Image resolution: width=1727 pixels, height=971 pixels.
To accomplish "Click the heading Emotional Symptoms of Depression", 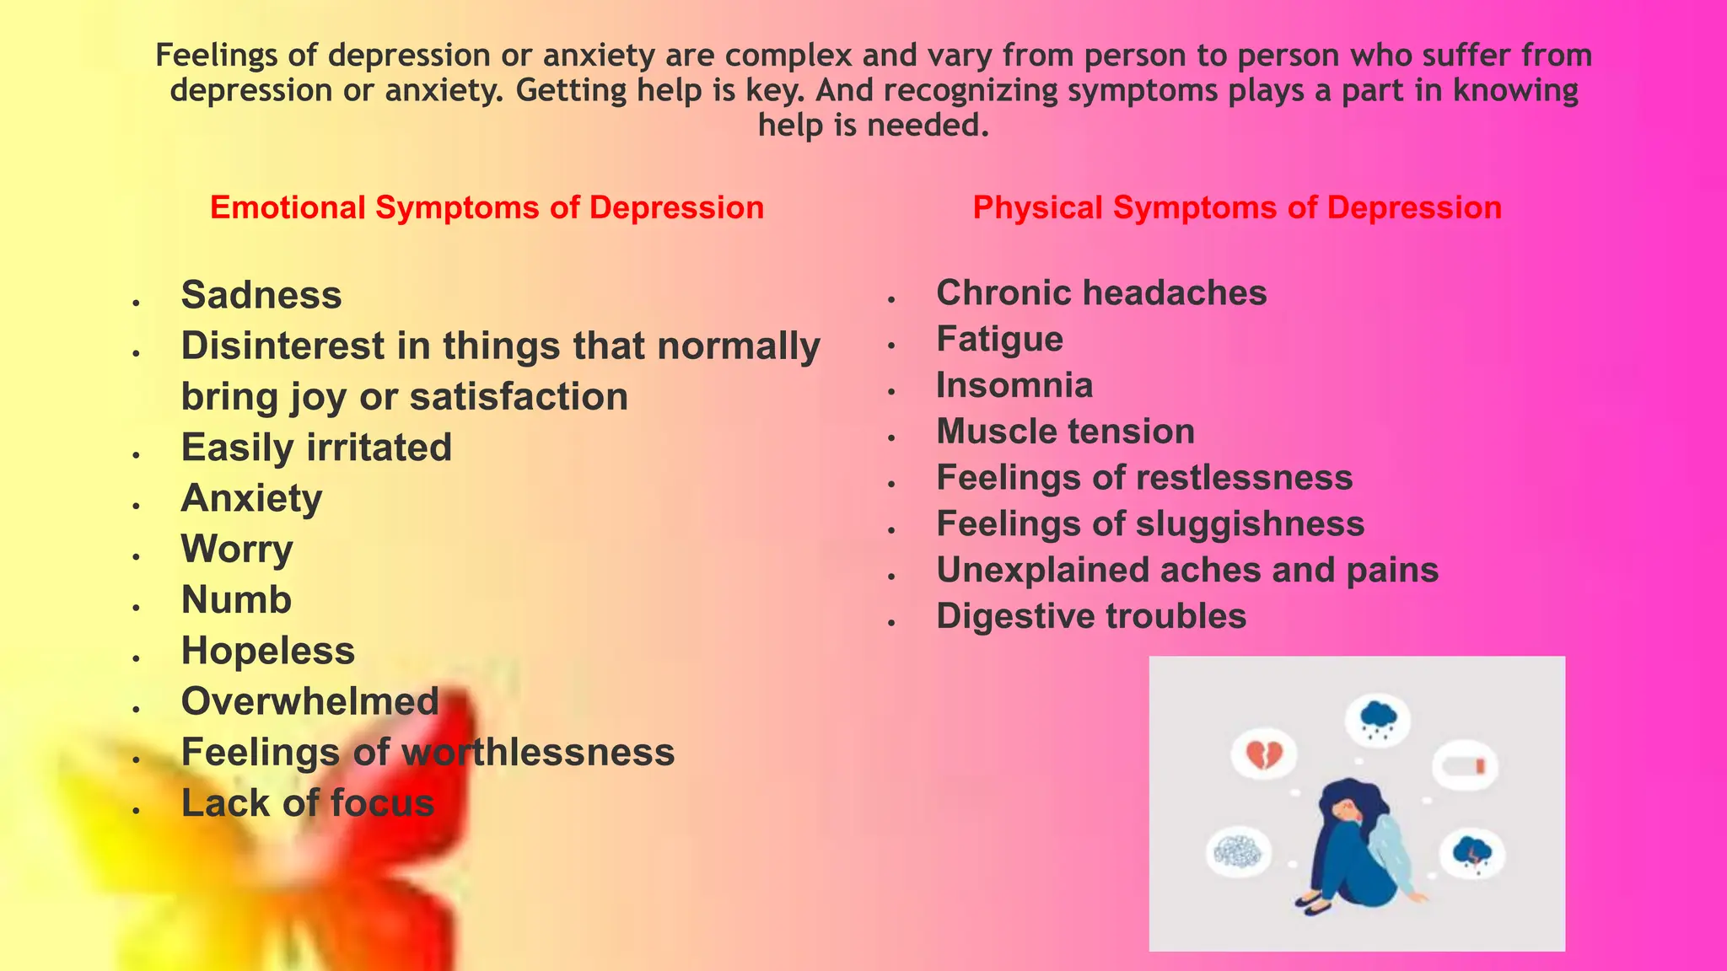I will pos(487,207).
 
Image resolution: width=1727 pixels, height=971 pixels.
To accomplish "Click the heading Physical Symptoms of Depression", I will pos(1237,207).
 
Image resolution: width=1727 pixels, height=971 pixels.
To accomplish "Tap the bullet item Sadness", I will pos(261,295).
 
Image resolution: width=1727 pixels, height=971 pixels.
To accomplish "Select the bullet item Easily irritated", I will pos(316,448).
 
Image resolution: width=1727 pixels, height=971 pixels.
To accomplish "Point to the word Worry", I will pos(237,550).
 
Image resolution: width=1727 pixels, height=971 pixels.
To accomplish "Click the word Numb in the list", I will pos(236,600).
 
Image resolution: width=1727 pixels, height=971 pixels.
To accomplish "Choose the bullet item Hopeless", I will pos(268,651).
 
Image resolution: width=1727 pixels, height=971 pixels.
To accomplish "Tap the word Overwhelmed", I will pos(310,701).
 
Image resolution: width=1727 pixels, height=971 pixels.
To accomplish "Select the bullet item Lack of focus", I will pos(308,803).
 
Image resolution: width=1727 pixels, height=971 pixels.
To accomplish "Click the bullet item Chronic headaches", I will pos(1101,293).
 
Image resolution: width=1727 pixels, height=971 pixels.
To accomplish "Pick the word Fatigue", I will pos(999,340).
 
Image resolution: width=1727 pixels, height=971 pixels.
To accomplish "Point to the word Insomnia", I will pos(1014,386).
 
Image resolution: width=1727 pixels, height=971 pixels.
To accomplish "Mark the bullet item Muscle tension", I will pos(1065,432).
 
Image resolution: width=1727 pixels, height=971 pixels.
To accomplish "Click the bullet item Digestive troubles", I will pos(1091,616).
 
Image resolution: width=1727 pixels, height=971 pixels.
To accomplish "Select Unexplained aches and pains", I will pos(1187,570).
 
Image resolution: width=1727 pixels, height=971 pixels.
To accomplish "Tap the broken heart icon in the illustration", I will pos(1264,754).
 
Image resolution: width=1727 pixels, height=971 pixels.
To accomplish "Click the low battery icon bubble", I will pos(1468,766).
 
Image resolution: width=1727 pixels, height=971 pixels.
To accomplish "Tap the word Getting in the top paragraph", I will pos(568,90).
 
